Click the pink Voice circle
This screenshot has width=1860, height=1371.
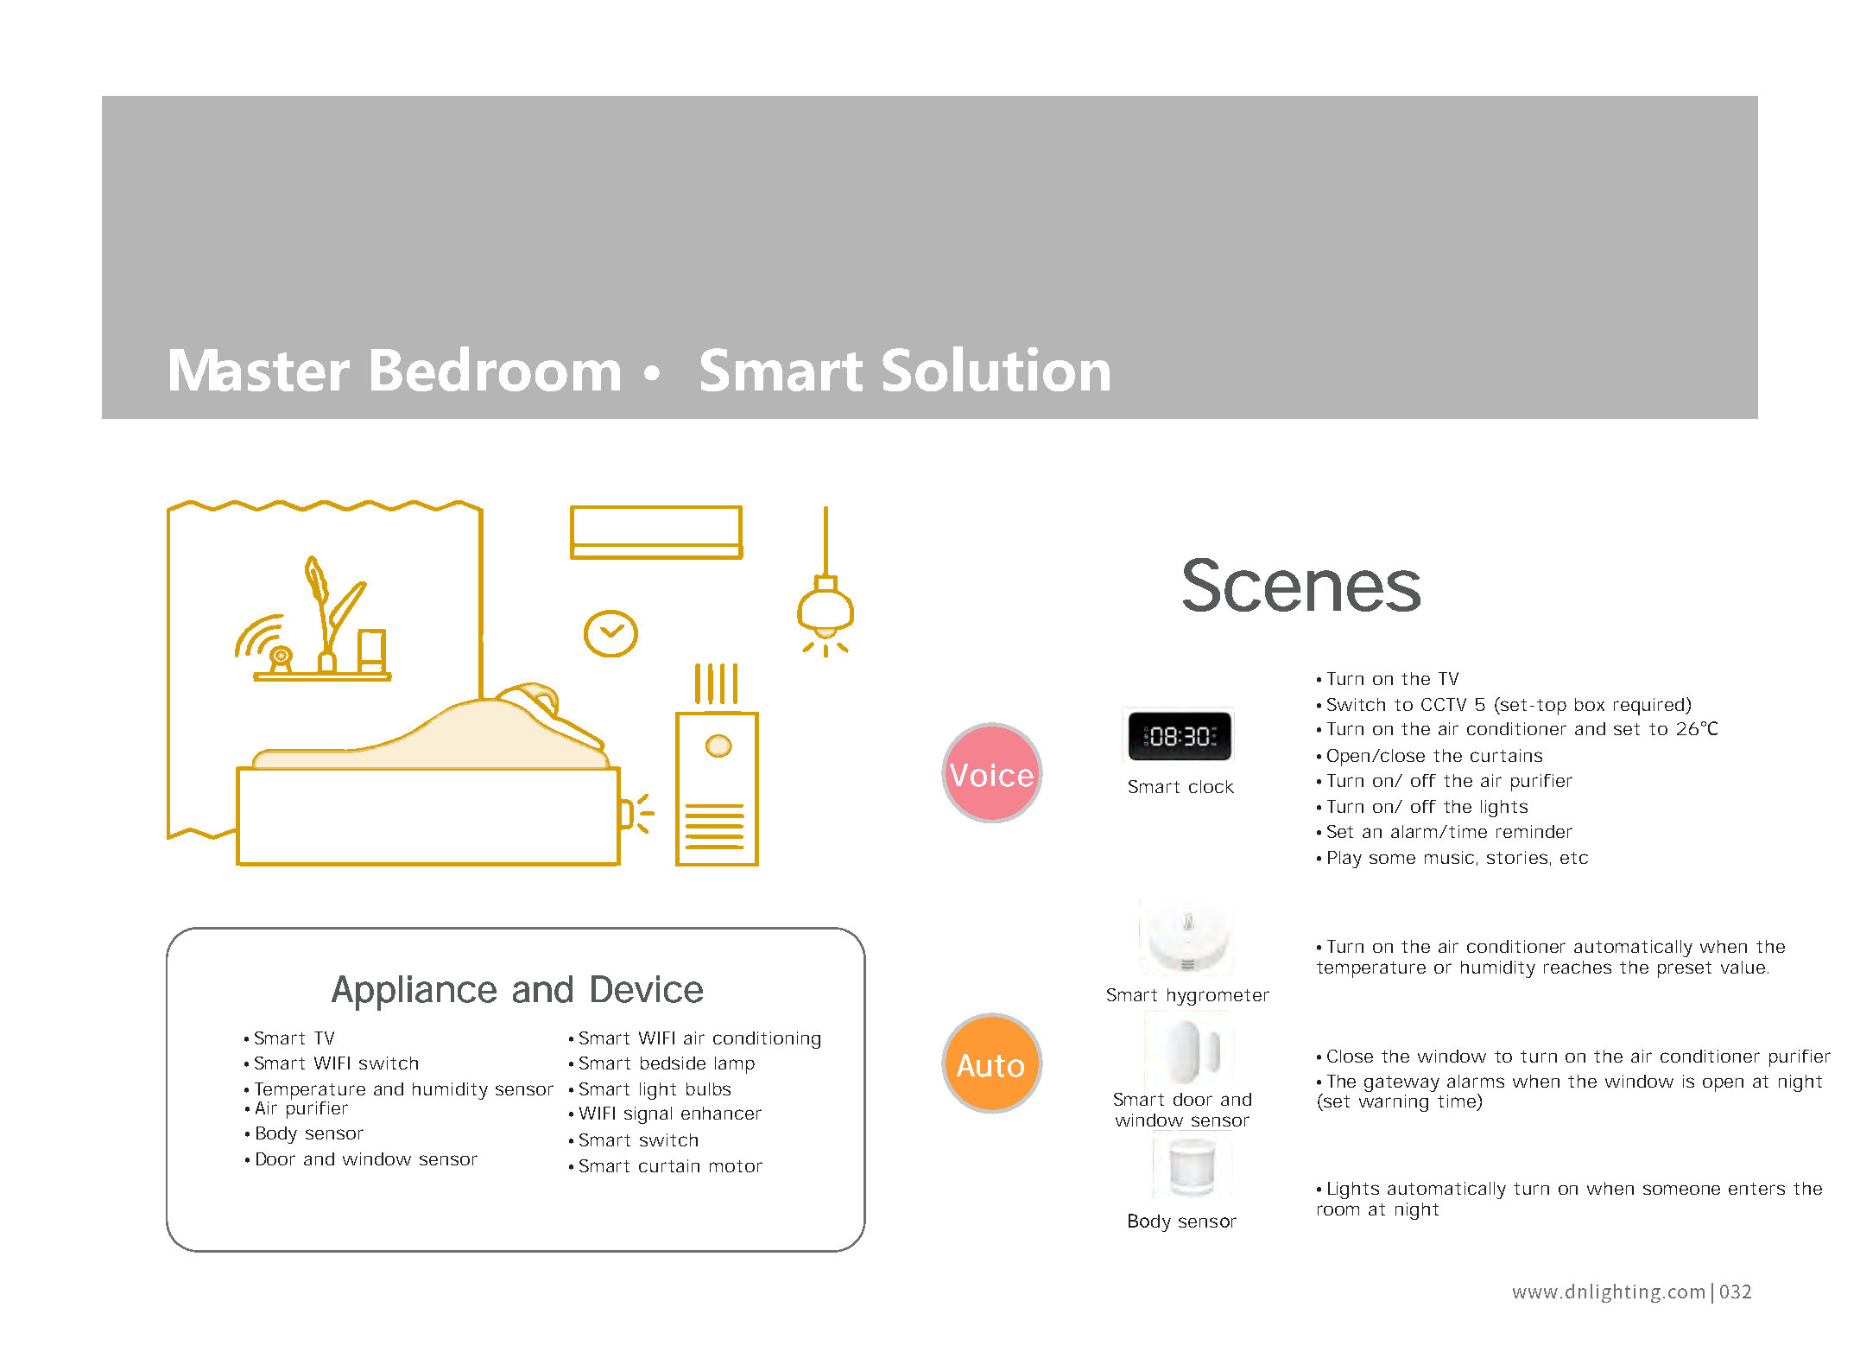pyautogui.click(x=991, y=773)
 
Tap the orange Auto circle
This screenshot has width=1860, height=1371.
pyautogui.click(x=991, y=1063)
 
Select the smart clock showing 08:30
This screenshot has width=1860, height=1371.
pyautogui.click(x=1179, y=735)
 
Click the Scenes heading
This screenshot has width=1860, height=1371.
pyautogui.click(x=1300, y=586)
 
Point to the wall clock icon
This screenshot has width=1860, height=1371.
pyautogui.click(x=611, y=633)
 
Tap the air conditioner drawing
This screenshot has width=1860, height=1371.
pyautogui.click(x=655, y=532)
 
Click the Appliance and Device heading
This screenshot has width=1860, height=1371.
pyautogui.click(x=517, y=990)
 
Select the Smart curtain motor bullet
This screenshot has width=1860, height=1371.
pyautogui.click(x=666, y=1166)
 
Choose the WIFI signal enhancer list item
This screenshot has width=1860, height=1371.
pyautogui.click(x=665, y=1114)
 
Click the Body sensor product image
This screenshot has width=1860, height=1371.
pyautogui.click(x=1192, y=1166)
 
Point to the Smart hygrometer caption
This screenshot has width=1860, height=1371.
pyautogui.click(x=1187, y=995)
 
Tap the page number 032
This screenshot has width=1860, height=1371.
pyautogui.click(x=1736, y=1292)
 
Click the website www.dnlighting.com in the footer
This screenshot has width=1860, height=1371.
pyautogui.click(x=1609, y=1292)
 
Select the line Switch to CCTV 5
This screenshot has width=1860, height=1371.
pyautogui.click(x=1503, y=705)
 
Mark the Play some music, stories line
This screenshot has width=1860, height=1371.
pyautogui.click(x=1452, y=858)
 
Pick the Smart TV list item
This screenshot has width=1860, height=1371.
pyautogui.click(x=289, y=1038)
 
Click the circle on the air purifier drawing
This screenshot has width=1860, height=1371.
pyautogui.click(x=718, y=746)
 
